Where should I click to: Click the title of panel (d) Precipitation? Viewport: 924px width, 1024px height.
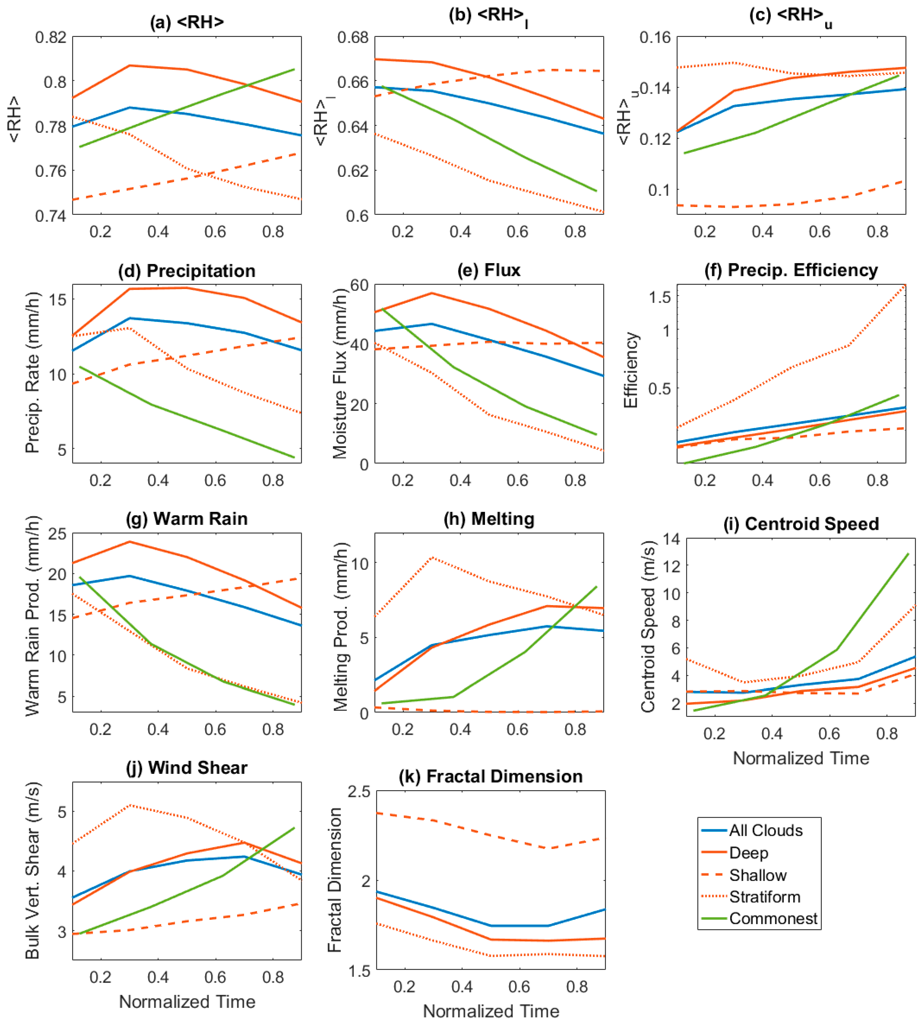point(186,271)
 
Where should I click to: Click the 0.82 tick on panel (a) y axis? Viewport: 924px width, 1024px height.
point(51,37)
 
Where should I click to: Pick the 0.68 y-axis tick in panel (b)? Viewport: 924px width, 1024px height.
point(353,37)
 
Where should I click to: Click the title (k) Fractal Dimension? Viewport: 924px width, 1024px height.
point(490,777)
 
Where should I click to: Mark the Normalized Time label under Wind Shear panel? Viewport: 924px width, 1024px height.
point(187,1002)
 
